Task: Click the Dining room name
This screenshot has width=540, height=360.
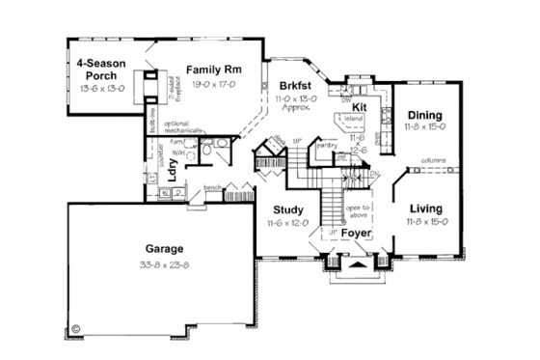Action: (425, 113)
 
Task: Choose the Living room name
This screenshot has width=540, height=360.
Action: (425, 208)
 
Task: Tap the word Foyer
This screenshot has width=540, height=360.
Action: (358, 233)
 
